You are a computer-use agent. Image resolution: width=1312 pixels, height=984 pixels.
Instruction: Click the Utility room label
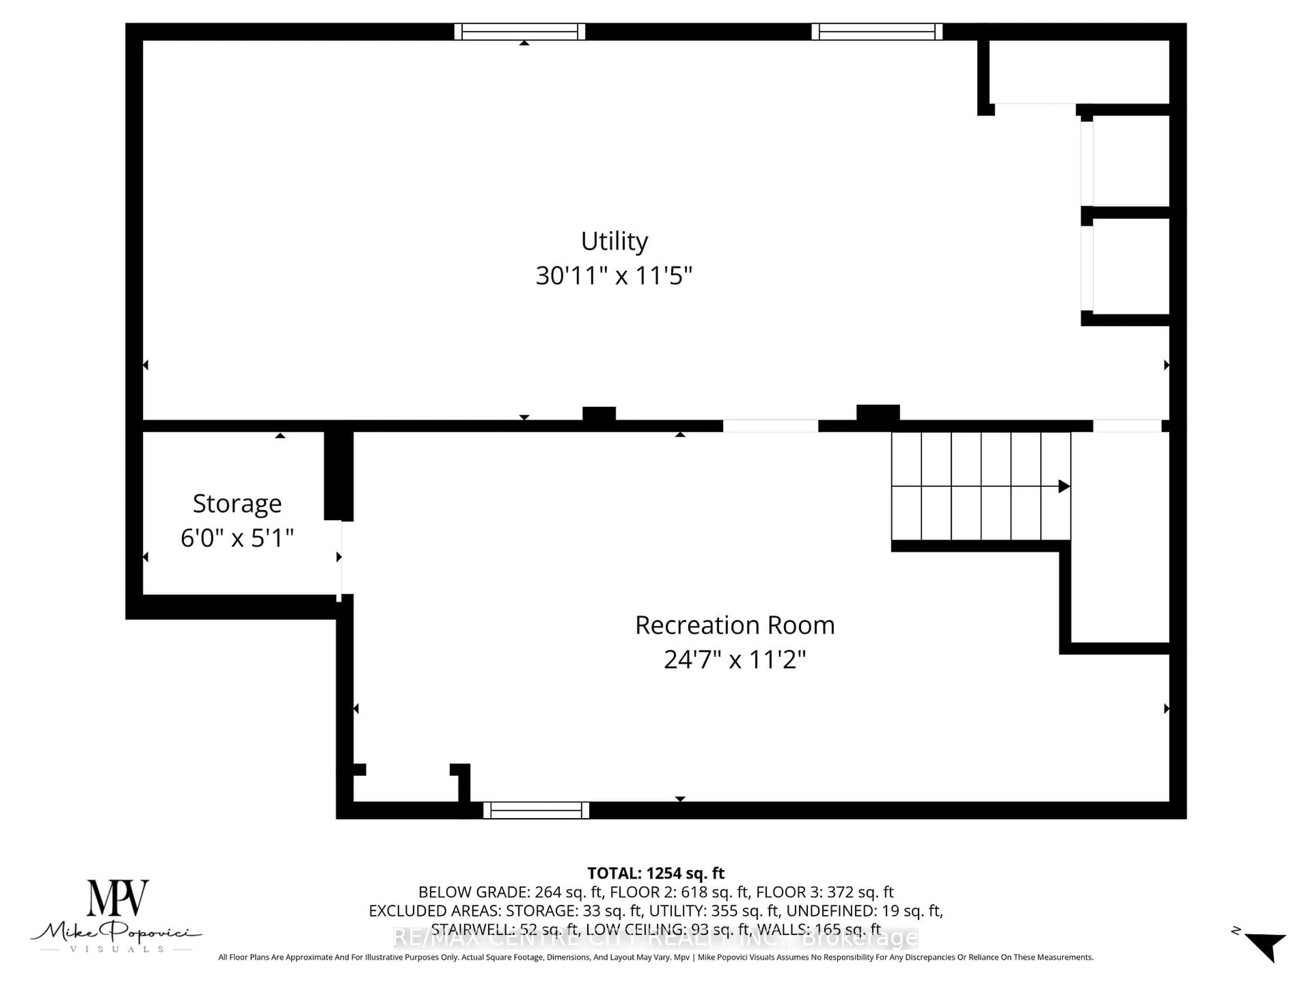pos(614,242)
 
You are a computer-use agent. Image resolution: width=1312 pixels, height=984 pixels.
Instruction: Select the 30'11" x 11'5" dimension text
pos(614,276)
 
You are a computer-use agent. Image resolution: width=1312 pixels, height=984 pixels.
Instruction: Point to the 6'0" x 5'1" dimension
pos(237,538)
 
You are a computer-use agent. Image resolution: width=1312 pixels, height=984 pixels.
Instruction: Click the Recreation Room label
pos(734,625)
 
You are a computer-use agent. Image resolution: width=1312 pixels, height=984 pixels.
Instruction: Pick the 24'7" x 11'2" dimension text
pos(734,659)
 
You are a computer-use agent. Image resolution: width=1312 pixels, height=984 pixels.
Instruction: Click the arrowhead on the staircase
pos(1064,487)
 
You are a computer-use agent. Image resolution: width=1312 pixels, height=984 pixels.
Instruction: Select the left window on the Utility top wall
pos(520,31)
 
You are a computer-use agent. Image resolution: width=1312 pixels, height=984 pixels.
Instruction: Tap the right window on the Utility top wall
pos(877,31)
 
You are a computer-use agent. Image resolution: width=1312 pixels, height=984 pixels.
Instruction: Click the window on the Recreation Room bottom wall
pos(536,810)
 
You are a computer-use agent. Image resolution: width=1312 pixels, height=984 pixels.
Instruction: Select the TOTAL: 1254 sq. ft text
pos(655,873)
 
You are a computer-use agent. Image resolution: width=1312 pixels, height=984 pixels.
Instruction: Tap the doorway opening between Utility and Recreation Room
pos(770,426)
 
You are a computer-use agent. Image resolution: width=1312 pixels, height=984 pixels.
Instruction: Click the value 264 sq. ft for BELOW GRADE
pos(568,892)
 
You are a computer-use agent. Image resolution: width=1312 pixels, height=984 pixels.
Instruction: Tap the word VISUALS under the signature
pos(116,949)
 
